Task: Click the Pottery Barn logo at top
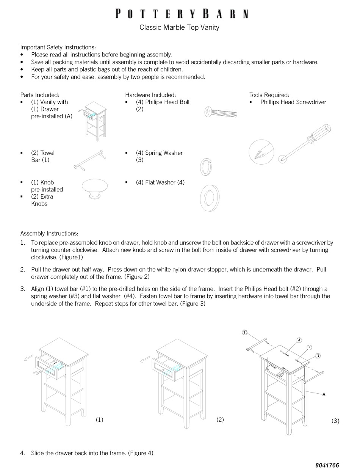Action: point(182,14)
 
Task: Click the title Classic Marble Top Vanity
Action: point(179,27)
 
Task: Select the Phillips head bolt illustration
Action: point(221,112)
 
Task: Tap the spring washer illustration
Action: point(205,167)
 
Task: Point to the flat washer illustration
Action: point(210,198)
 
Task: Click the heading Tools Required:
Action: point(269,95)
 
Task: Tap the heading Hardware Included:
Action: point(150,95)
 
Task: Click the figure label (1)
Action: point(99,419)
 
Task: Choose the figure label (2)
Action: point(220,419)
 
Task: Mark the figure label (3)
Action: point(335,421)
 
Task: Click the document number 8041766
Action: point(327,465)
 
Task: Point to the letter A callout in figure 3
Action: point(324,394)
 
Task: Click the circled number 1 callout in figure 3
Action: point(244,333)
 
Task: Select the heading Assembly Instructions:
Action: point(49,233)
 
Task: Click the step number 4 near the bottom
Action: point(23,453)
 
